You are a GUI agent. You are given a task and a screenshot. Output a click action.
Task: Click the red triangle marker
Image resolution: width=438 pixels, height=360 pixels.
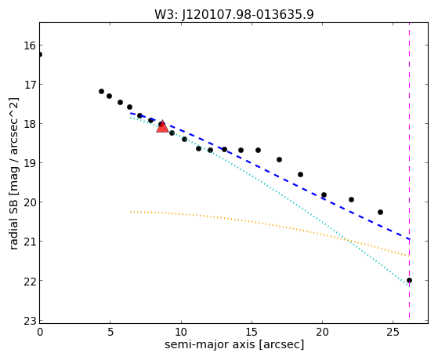point(162,126)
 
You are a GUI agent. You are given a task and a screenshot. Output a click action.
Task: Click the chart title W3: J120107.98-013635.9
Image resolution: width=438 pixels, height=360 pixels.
point(234,15)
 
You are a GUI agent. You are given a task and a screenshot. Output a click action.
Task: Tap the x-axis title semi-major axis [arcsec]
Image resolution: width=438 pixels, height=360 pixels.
point(234,344)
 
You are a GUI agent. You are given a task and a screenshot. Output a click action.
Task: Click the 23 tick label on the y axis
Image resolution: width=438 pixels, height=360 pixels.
point(29,322)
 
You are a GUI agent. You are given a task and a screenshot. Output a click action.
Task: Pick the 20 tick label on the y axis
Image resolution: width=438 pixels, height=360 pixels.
point(29,202)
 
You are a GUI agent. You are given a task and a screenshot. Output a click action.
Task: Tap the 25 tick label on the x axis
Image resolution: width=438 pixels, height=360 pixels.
point(393,332)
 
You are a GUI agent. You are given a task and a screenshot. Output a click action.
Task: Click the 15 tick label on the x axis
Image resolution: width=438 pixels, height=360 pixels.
point(252,332)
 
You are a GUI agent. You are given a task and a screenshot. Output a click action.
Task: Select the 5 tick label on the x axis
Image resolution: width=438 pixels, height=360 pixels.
point(110,332)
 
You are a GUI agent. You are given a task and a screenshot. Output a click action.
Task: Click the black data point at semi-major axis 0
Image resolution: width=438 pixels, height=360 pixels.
point(40,54)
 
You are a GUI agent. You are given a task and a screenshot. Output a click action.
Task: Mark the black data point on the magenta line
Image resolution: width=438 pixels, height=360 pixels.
point(409,280)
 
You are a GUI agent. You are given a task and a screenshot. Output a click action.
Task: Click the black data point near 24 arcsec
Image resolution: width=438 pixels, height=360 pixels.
point(380,212)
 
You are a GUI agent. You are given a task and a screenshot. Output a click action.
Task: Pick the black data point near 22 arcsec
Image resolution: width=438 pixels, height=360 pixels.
point(351,199)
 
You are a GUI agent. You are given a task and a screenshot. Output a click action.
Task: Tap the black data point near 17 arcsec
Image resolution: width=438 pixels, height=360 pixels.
point(279,159)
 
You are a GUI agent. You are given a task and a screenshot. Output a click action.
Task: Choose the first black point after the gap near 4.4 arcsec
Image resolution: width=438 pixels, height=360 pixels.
point(101,91)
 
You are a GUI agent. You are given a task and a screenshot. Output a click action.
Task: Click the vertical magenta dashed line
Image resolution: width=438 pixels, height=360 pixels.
point(409,170)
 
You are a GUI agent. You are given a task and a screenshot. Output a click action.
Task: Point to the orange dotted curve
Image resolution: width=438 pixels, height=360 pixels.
point(270,224)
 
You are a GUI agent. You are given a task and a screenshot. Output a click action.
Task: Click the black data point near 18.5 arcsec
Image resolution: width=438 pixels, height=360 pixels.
point(300,174)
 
